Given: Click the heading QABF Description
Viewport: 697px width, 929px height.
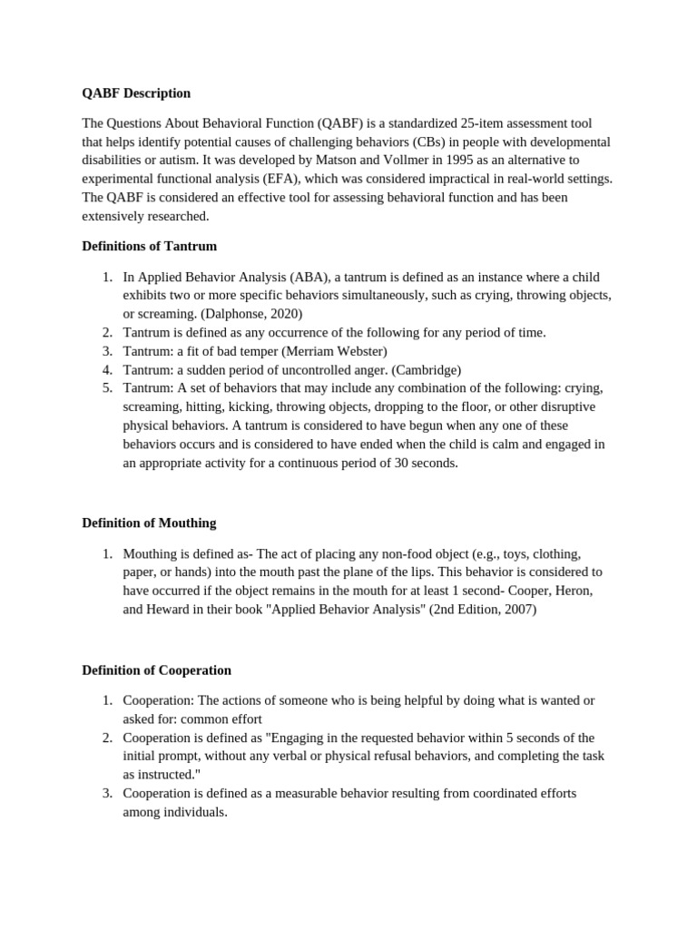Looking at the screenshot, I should (136, 93).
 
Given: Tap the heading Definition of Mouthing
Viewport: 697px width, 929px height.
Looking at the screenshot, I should (149, 523).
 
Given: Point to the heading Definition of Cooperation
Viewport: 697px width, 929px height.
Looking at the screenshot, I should (156, 670).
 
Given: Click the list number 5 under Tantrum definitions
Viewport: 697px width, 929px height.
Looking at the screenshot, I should (106, 388).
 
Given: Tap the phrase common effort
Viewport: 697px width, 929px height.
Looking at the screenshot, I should (221, 719).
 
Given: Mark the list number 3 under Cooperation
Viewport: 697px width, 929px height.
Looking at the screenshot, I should (106, 793).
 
